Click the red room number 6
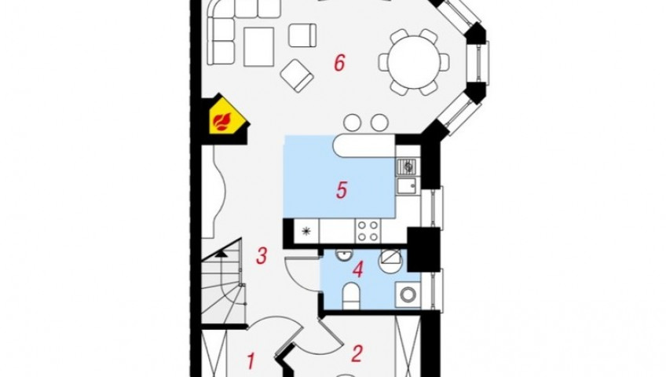339,63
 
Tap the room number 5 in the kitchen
342,190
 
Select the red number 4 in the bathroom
358,269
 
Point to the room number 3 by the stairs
262,256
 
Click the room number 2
357,353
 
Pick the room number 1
251,361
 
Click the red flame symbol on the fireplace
222,122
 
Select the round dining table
414,62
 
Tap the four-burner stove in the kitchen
368,232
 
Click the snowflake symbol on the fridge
306,232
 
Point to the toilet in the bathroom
351,295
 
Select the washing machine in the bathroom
408,294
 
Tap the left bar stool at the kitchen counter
352,123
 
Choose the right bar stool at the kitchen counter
379,123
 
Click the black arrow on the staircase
221,254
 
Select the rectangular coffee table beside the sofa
259,46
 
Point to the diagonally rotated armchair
297,75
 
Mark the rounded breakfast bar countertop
364,146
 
